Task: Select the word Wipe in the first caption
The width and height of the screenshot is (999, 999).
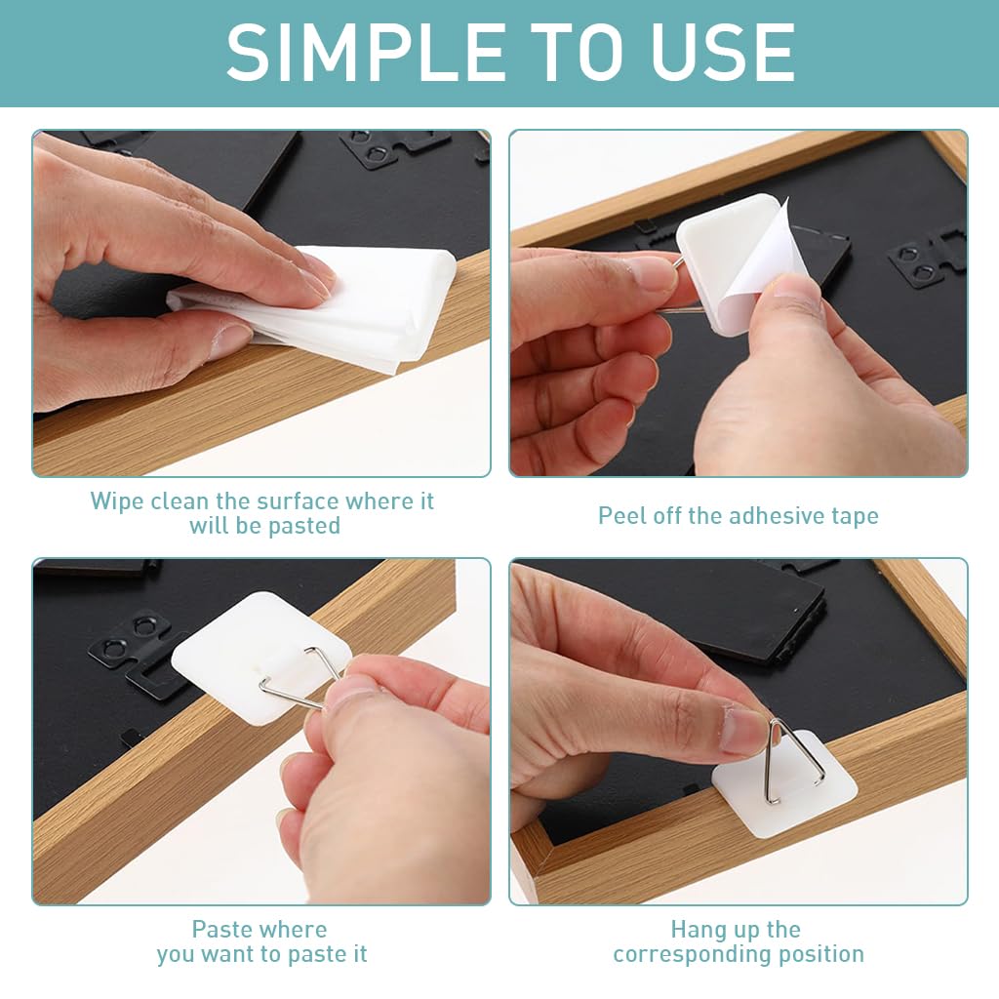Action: coord(116,501)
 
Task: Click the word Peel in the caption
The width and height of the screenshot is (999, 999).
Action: coord(619,516)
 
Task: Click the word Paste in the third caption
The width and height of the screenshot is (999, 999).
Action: coord(222,930)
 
